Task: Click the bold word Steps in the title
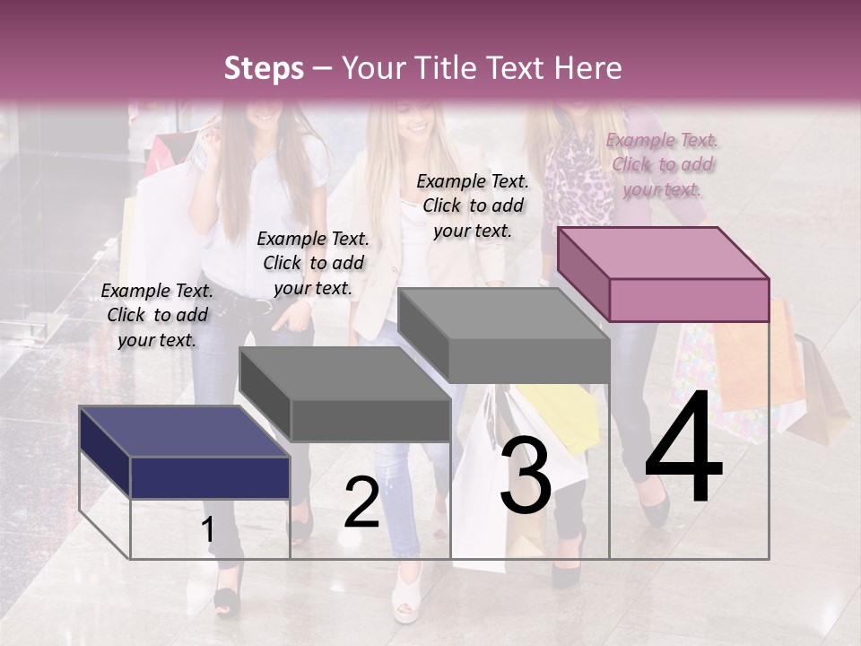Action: coord(264,68)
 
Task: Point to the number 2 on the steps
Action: coord(361,502)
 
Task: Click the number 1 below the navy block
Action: coord(207,529)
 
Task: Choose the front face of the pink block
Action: coord(689,300)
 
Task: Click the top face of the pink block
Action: coord(664,252)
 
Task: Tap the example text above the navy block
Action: coord(157,315)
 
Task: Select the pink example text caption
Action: coord(662,164)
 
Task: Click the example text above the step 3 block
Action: coord(473,205)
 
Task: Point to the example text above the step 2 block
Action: coord(313,263)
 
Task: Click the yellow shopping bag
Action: coord(561,416)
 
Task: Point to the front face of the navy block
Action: coord(210,477)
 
